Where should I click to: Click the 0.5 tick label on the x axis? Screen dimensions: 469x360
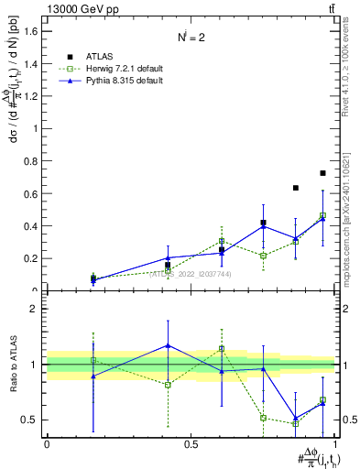tap(191, 443)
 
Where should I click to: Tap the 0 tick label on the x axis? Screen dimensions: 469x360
tap(47, 443)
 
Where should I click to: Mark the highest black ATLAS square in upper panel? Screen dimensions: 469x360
tap(322, 173)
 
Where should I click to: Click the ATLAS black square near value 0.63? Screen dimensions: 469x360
tap(296, 188)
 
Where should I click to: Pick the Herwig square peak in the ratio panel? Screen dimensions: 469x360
tap(222, 349)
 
